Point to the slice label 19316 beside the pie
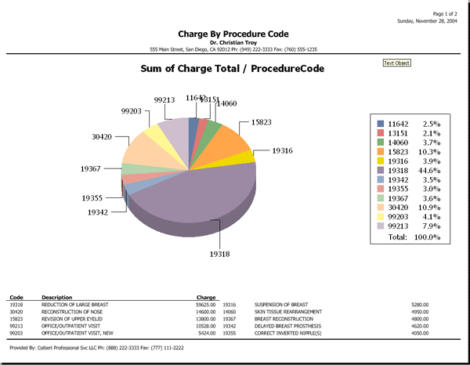(282, 150)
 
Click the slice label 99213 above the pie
(164, 100)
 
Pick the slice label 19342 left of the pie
(98, 212)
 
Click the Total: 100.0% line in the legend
(415, 237)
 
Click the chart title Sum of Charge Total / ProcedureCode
(232, 69)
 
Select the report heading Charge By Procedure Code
(233, 34)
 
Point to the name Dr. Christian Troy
(233, 42)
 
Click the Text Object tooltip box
(396, 63)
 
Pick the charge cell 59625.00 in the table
(205, 305)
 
